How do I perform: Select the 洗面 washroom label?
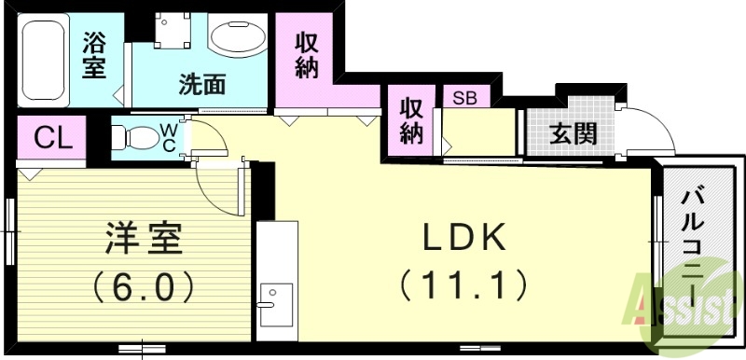[203, 84]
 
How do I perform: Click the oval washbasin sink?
[237, 39]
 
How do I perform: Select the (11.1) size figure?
[463, 282]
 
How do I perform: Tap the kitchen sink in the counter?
[275, 303]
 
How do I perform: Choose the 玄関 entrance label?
[572, 133]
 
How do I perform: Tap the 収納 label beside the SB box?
[412, 120]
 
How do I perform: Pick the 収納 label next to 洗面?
[309, 54]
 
